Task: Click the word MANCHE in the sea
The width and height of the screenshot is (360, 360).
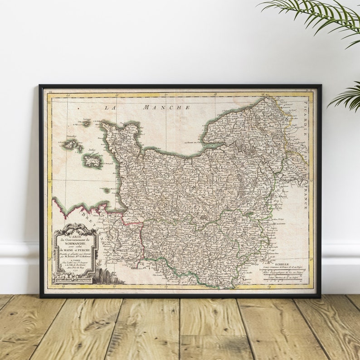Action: [x=166, y=107]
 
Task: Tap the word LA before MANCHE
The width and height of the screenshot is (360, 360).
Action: [x=110, y=107]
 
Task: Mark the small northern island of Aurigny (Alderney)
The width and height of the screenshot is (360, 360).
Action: [x=86, y=122]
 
